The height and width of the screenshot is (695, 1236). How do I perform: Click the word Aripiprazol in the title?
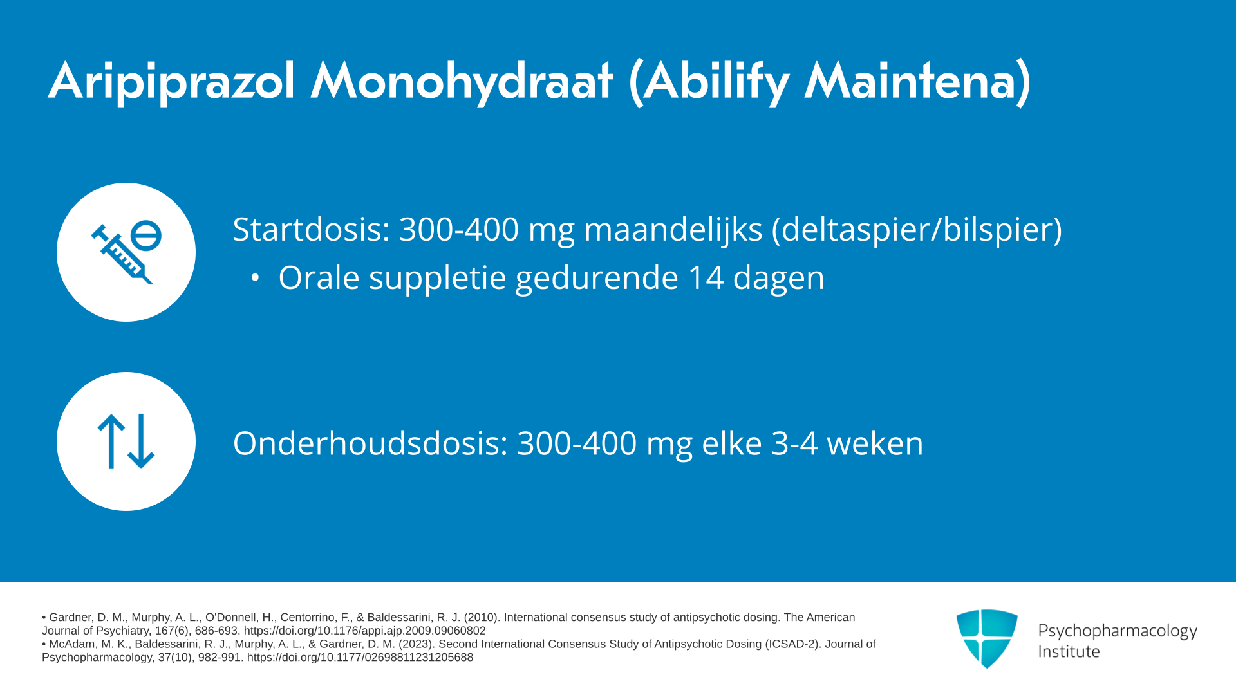[172, 82]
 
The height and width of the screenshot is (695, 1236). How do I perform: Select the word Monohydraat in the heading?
[462, 82]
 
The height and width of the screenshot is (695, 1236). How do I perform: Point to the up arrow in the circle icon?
[111, 441]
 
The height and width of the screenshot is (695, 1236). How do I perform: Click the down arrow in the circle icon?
[141, 441]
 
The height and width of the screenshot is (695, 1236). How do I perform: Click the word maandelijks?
[673, 230]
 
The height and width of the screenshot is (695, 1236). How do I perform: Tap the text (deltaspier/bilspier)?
[917, 230]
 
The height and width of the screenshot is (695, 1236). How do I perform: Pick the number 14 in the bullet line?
[706, 278]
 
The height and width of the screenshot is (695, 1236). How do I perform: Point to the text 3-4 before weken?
[794, 443]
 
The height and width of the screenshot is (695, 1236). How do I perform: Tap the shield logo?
[987, 638]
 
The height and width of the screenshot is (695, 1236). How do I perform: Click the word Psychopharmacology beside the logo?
[1118, 631]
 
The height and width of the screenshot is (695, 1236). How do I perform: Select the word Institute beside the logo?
[1069, 651]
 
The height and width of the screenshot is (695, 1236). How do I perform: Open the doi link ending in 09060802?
[364, 631]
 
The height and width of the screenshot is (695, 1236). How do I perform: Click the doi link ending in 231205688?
[360, 657]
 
